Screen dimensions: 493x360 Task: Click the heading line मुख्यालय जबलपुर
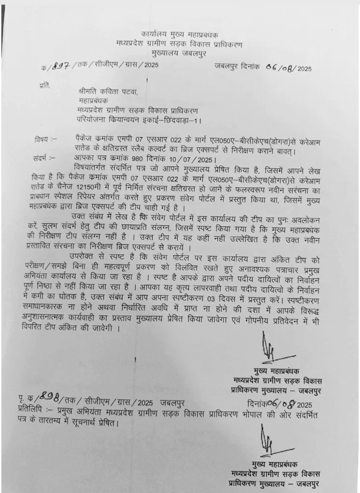pos(179,53)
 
